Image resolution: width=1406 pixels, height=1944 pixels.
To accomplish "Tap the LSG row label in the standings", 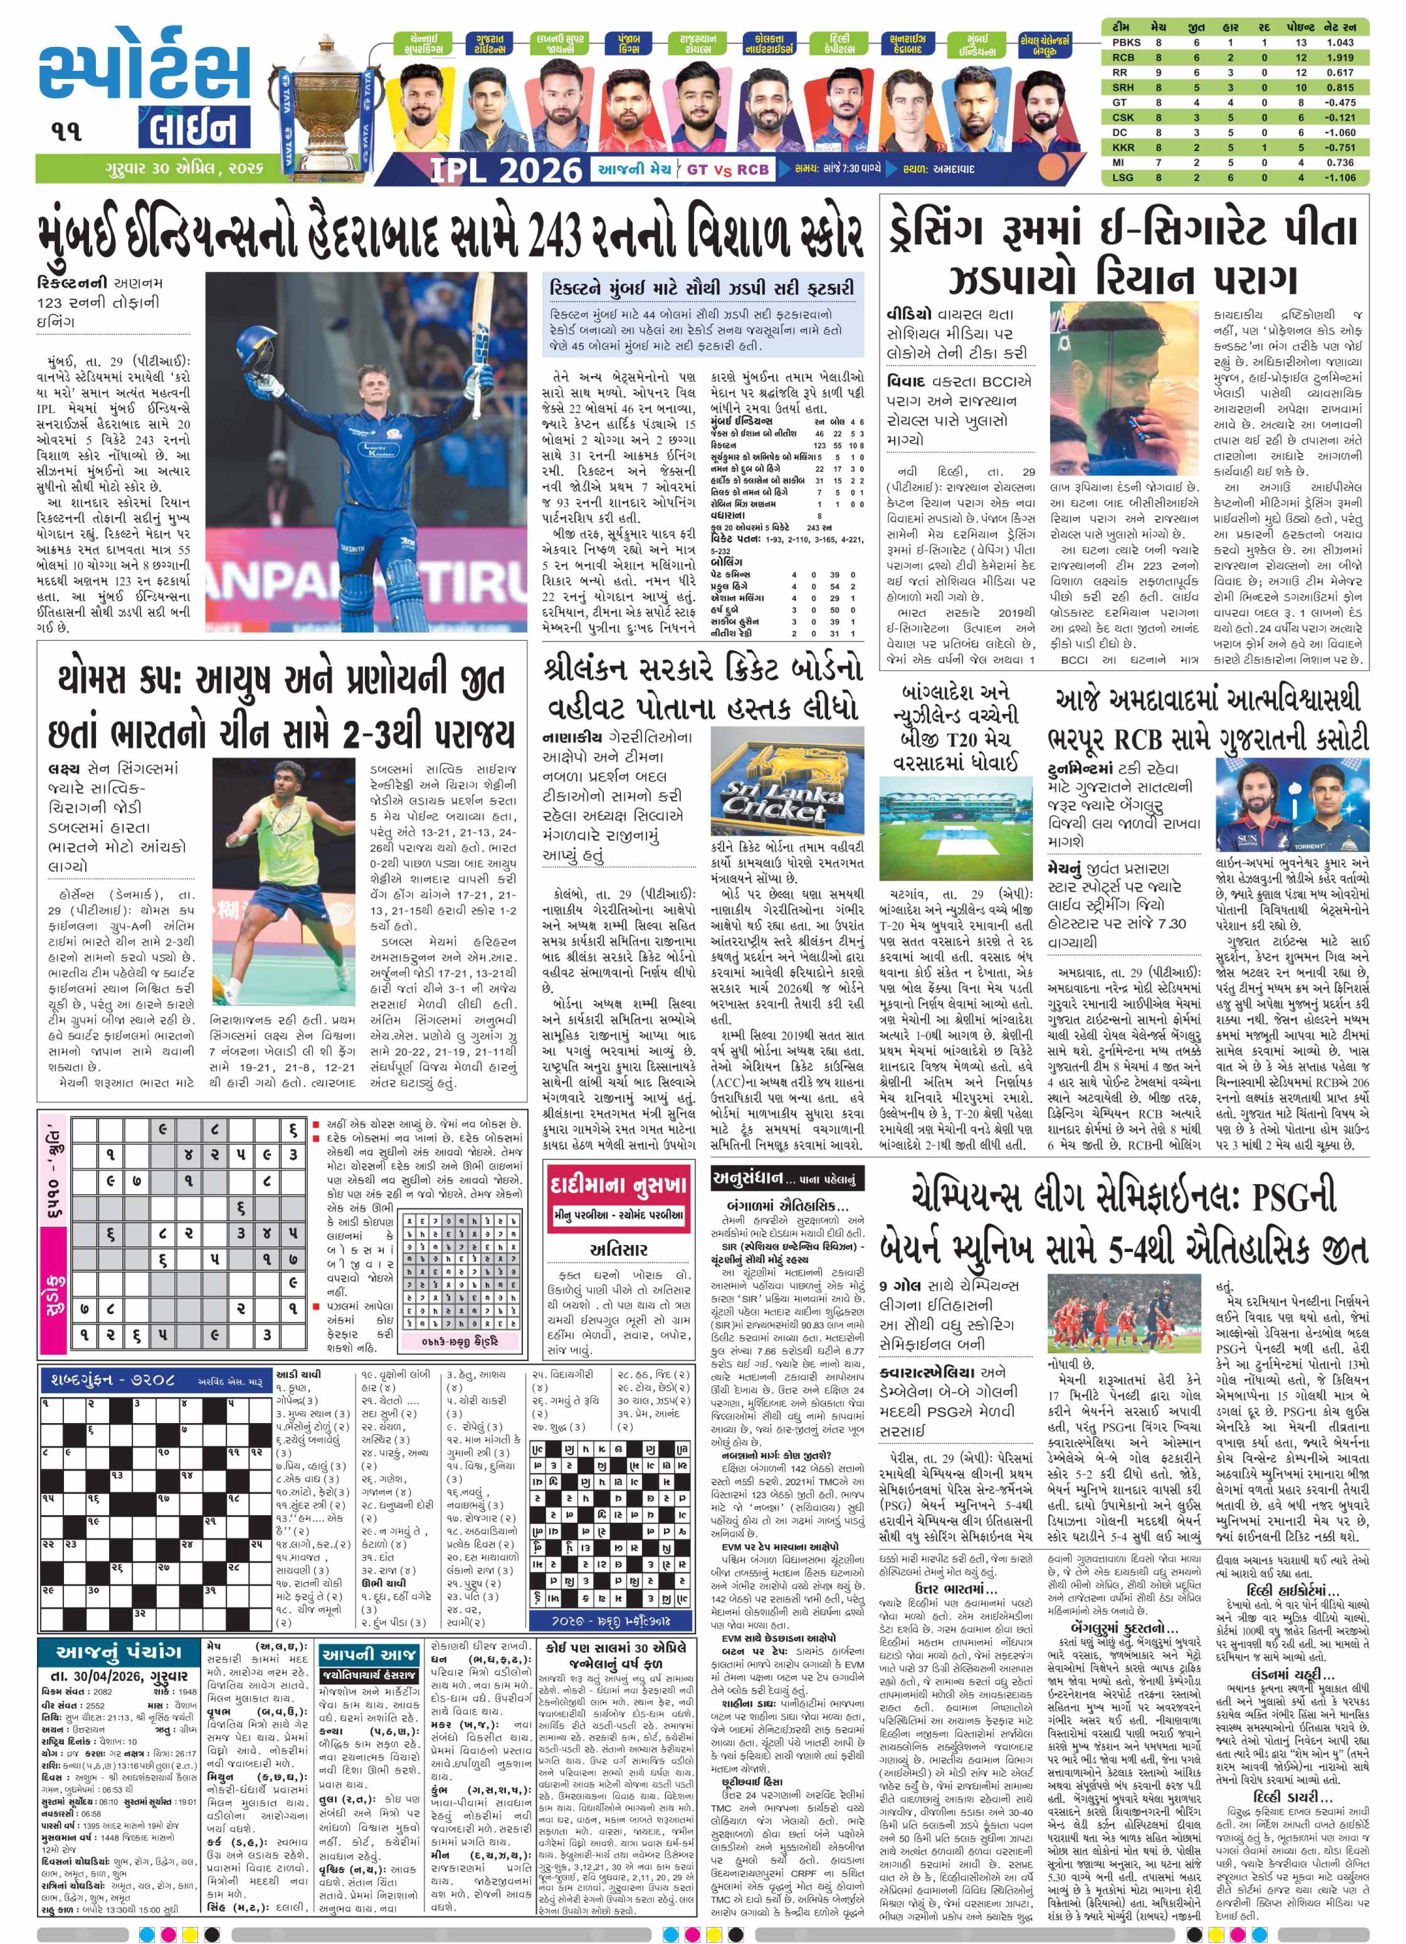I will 1123,177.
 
